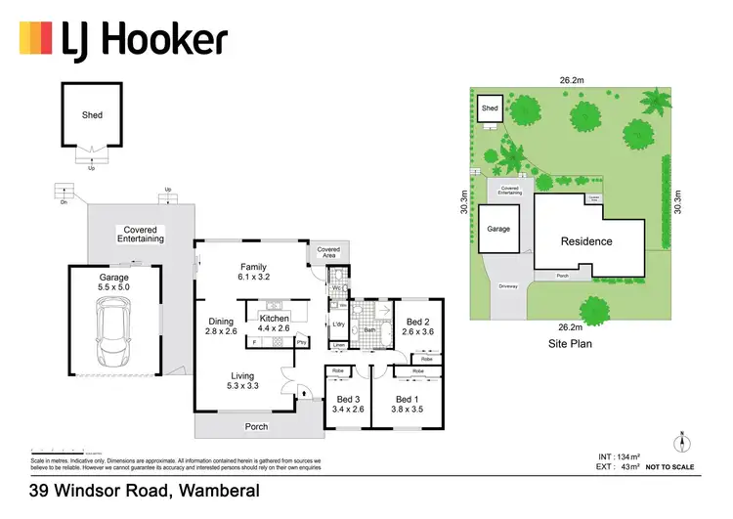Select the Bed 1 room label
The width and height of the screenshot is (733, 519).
tap(405, 405)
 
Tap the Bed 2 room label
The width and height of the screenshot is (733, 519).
tap(416, 325)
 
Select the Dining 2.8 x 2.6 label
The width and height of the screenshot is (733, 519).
tap(221, 326)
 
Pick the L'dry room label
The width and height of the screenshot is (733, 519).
tap(340, 324)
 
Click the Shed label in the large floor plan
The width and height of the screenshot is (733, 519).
tap(91, 114)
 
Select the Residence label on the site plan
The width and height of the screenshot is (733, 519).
tap(586, 241)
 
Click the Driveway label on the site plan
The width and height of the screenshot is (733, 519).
tap(506, 286)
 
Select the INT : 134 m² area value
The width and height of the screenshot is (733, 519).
tap(618, 456)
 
